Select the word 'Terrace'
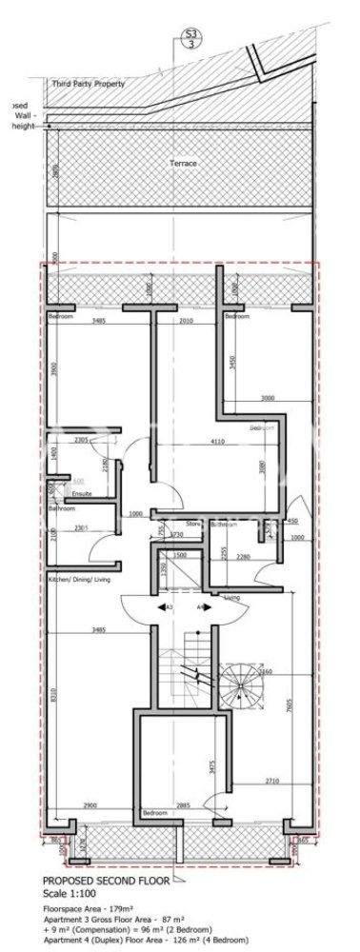pos(183,164)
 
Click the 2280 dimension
pos(243,557)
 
